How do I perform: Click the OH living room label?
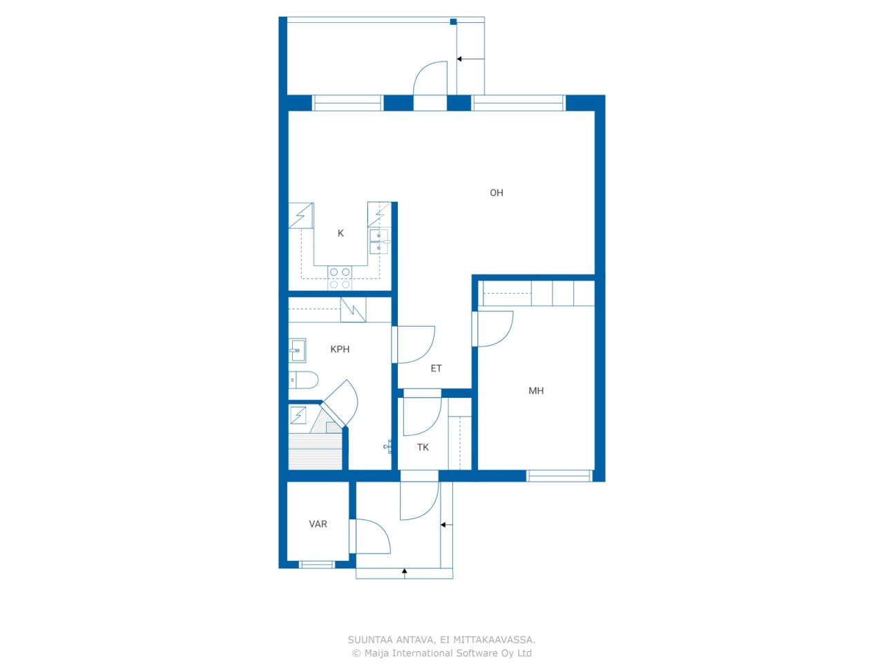coord(496,193)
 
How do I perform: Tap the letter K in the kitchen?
coord(340,233)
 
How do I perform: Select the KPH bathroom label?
coord(340,349)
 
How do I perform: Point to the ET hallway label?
coord(436,368)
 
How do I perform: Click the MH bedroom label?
coord(536,390)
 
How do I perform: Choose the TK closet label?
coord(423,448)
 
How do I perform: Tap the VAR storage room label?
coord(318,524)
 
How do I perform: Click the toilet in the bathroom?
coord(303,380)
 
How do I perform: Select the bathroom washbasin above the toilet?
coord(297,350)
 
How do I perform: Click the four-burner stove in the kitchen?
coord(340,278)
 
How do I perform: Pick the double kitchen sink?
coord(379,242)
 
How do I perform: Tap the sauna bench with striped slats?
coord(316,451)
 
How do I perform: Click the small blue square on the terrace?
coord(453,21)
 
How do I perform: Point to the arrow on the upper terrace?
coord(470,59)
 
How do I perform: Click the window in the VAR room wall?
coord(316,565)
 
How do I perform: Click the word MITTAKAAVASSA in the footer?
coord(494,640)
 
